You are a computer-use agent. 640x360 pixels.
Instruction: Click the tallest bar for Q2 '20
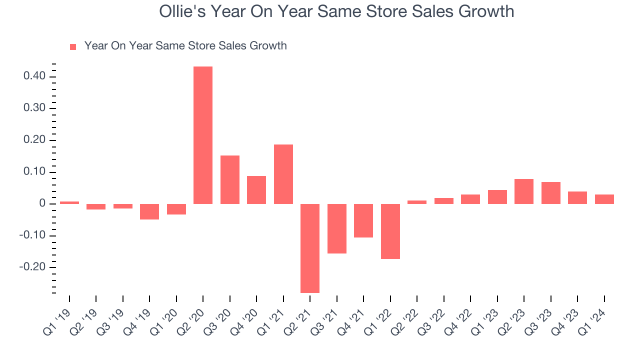tap(203, 135)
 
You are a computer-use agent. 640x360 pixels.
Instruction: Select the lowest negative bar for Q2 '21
tap(310, 248)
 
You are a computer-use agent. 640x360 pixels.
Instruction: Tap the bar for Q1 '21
tap(283, 174)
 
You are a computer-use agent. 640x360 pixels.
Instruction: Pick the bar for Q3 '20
tap(230, 179)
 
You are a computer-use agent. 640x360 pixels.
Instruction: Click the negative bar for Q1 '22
tap(390, 231)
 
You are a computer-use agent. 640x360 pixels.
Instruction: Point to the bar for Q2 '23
tap(524, 191)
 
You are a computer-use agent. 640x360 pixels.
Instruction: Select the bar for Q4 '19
tap(149, 211)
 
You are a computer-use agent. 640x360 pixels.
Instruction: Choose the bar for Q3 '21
tap(337, 228)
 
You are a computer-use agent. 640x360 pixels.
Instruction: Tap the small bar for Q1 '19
tap(69, 202)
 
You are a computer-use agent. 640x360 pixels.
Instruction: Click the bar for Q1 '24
tap(604, 199)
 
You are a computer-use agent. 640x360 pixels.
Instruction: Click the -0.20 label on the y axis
tap(33, 267)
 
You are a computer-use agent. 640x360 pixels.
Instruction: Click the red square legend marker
tap(73, 46)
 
